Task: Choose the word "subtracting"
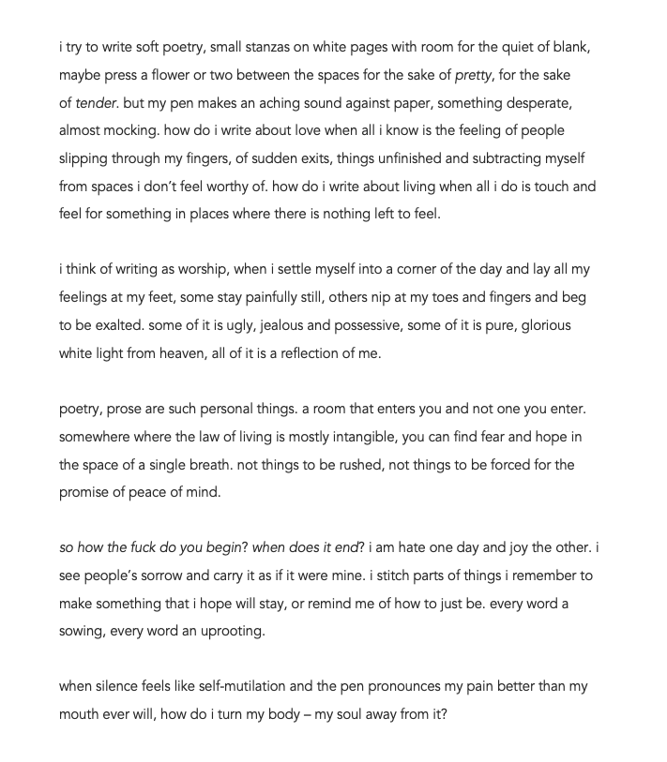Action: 508,158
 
